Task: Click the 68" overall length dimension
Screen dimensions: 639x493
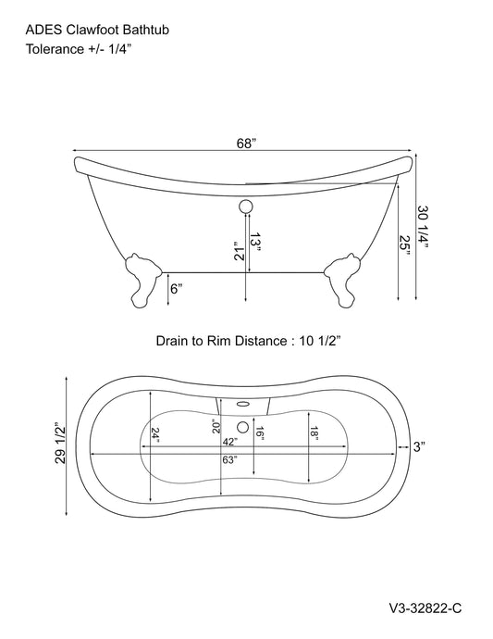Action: (245, 144)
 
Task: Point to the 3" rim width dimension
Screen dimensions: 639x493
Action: (418, 447)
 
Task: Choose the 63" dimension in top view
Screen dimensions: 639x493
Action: (229, 460)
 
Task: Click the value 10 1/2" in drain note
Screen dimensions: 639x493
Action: (320, 342)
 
